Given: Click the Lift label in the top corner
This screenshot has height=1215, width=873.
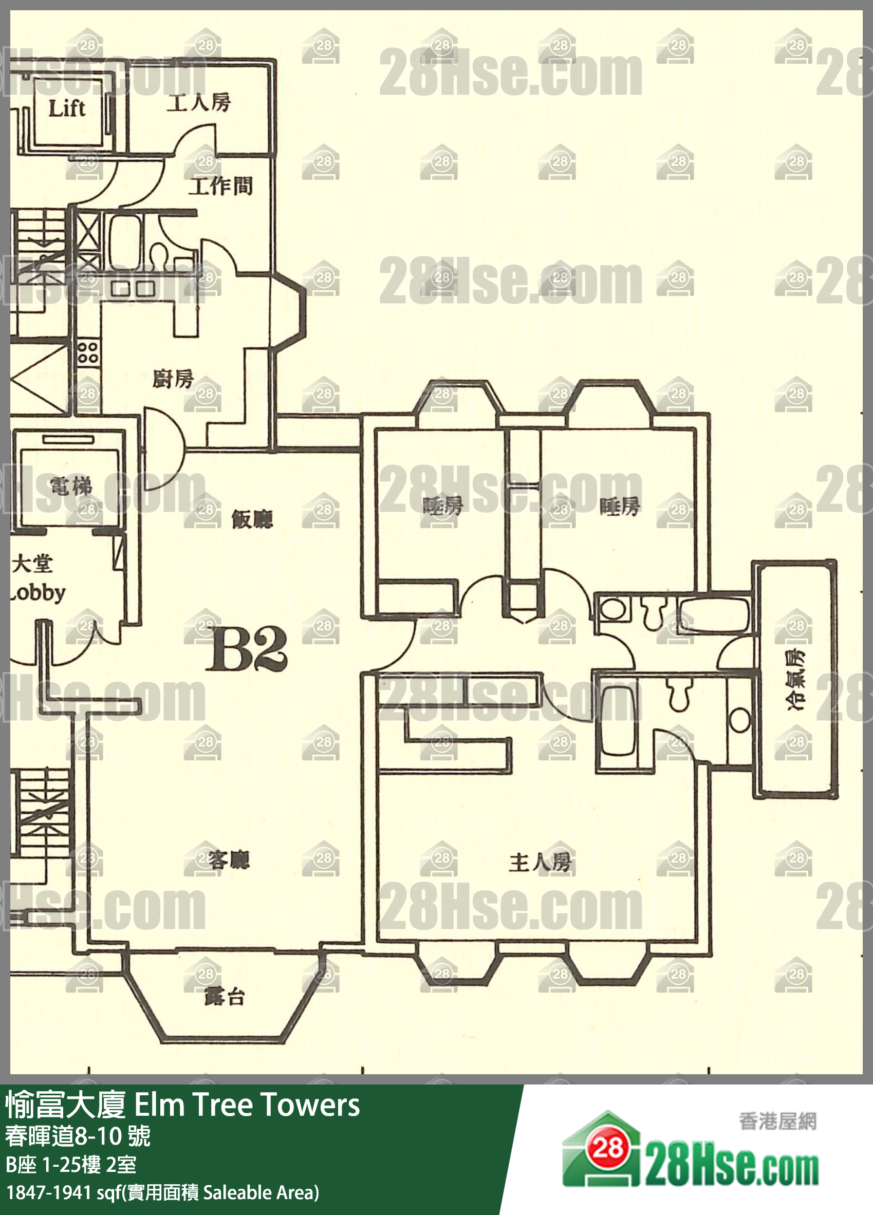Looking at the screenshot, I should (x=66, y=109).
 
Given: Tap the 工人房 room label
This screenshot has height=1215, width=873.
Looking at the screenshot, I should (x=198, y=102).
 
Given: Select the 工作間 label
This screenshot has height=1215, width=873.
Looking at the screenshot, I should (x=220, y=186).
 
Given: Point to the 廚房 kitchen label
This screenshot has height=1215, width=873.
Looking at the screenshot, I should (x=173, y=379).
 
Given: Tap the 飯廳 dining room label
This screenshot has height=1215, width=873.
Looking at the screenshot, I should (x=252, y=518).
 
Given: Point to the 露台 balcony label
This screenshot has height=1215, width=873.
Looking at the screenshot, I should (x=224, y=997).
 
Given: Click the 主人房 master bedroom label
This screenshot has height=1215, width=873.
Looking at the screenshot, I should (x=540, y=863).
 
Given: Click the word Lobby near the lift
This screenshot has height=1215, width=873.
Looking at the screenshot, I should (x=38, y=592).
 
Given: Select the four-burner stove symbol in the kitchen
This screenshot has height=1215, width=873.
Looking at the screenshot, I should (x=88, y=352).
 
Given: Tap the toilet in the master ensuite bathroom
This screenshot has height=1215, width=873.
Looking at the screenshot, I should (x=679, y=696).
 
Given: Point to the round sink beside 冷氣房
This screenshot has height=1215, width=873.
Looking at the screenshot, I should (x=740, y=721).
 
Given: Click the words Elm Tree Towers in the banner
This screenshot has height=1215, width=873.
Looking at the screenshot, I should (x=247, y=1105).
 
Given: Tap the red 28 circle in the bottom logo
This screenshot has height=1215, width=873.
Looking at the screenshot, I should (x=608, y=1148).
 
